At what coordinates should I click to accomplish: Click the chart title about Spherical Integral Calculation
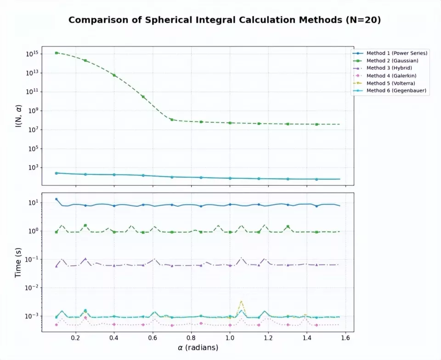(x=224, y=20)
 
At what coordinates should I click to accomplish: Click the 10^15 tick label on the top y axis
(x=32, y=54)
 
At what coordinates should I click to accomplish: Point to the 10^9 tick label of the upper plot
(x=33, y=111)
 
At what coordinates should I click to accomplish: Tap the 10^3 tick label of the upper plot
(x=33, y=167)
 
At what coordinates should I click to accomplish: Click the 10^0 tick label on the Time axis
(x=33, y=231)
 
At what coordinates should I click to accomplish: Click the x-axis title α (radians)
(x=198, y=348)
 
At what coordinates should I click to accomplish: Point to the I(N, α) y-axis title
(x=18, y=116)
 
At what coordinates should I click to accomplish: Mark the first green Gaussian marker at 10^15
(x=57, y=53)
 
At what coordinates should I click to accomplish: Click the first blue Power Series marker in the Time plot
(x=57, y=199)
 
